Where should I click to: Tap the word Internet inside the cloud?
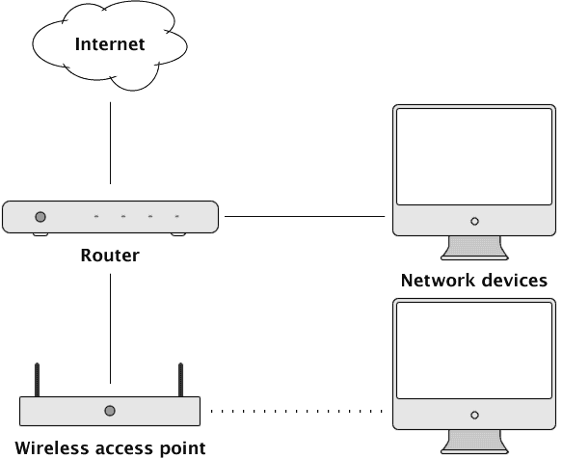[x=110, y=44]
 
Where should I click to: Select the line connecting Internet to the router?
[x=110, y=141]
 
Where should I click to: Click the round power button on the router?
[x=40, y=217]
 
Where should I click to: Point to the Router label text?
[x=110, y=256]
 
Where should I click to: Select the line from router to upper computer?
[x=304, y=217]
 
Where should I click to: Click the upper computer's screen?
[x=473, y=155]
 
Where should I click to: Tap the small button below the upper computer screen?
[x=473, y=221]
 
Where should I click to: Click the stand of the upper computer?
[x=473, y=249]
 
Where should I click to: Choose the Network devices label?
[x=473, y=282]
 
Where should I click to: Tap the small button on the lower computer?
[x=473, y=415]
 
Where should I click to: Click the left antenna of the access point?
[x=38, y=378]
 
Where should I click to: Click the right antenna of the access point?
[x=180, y=378]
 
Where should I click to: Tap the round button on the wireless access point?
[x=110, y=411]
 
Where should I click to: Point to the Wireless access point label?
[x=110, y=447]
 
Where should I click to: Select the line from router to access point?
[x=110, y=328]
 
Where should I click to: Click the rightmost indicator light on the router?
[x=177, y=217]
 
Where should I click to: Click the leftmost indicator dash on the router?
[x=95, y=217]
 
